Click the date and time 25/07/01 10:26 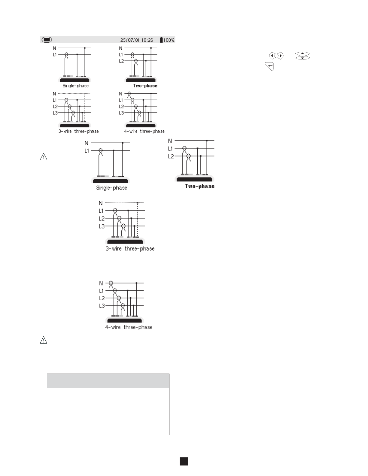[x=136, y=40]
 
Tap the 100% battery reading [x=169, y=40]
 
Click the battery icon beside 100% [x=161, y=40]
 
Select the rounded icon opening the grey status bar [x=47, y=40]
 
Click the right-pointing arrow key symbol [x=280, y=56]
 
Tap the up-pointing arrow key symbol [x=303, y=54]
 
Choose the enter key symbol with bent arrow [x=269, y=66]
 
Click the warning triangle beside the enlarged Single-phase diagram [x=44, y=157]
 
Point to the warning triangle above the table [x=44, y=340]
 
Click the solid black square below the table [x=184, y=461]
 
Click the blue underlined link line [x=59, y=473]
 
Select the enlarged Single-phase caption [x=111, y=188]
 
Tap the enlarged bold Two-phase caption [x=199, y=186]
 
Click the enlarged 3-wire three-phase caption [x=130, y=249]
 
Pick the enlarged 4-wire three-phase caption [x=129, y=327]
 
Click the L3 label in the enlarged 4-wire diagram [x=102, y=306]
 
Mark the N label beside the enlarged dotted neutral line [x=101, y=203]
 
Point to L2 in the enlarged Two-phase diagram [x=171, y=156]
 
